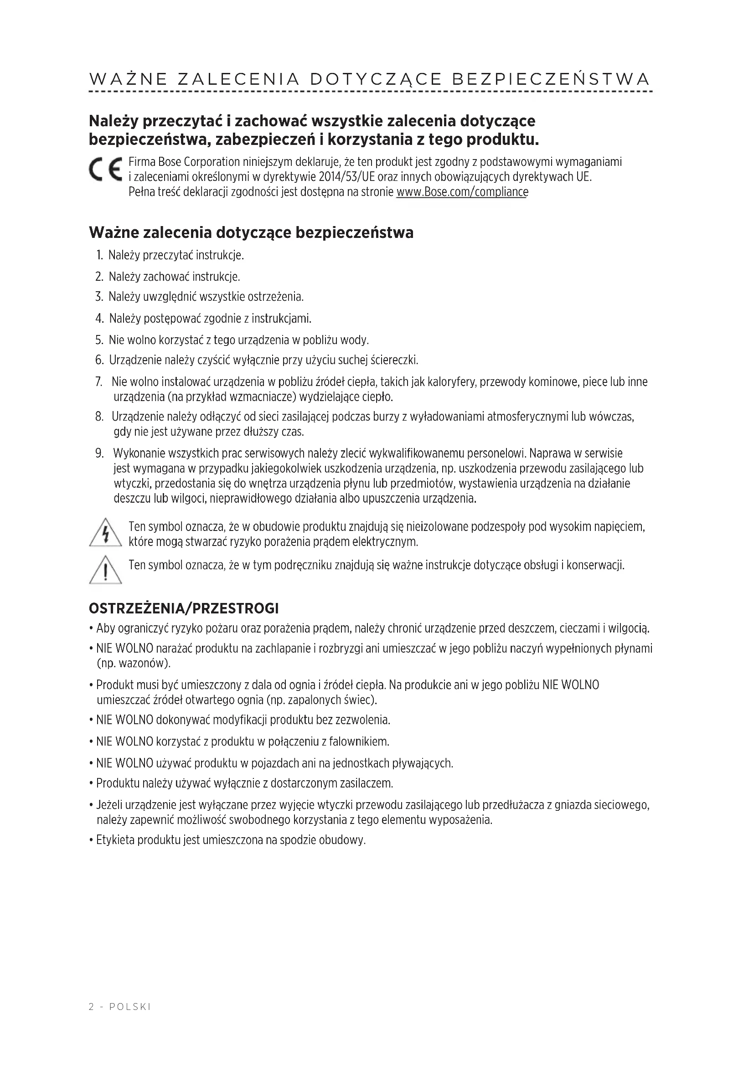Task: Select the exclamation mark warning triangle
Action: (x=105, y=570)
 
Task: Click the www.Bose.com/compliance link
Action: (x=462, y=192)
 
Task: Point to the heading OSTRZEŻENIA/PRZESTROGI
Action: (x=184, y=608)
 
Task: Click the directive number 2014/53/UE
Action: (x=347, y=177)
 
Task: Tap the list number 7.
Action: (x=99, y=382)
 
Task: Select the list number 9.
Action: (x=99, y=453)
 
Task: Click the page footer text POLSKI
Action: (x=130, y=1007)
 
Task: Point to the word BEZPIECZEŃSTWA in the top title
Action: (x=551, y=79)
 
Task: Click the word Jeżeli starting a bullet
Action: (x=109, y=804)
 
